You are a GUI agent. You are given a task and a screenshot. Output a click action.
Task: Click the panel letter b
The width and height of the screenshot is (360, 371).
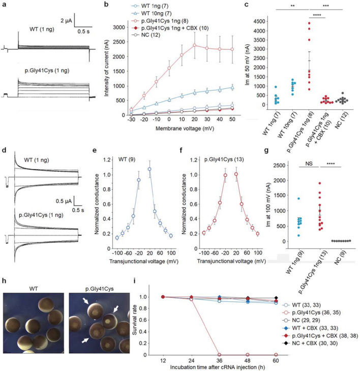click(x=105, y=4)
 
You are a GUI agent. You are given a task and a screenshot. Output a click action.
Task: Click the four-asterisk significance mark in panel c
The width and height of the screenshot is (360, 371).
click(x=306, y=17)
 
